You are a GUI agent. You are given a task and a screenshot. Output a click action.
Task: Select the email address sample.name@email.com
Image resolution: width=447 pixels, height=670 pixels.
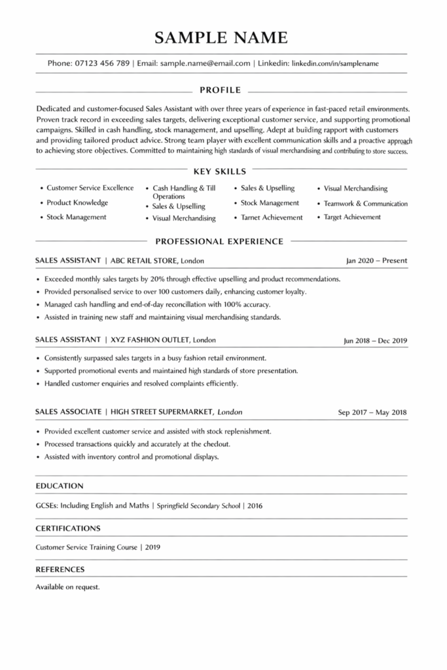coord(206,63)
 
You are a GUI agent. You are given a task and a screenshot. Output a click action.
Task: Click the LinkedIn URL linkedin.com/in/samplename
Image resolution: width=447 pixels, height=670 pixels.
coord(334,63)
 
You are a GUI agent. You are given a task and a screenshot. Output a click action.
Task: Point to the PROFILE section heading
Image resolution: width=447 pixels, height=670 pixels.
coord(220,90)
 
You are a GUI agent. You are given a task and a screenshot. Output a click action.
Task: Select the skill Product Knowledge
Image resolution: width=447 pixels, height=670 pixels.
coord(77,203)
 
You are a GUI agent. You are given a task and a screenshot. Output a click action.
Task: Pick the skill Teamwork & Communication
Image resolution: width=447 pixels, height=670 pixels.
coord(365,203)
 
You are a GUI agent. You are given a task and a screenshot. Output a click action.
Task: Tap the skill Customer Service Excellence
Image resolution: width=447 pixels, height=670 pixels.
coord(90,188)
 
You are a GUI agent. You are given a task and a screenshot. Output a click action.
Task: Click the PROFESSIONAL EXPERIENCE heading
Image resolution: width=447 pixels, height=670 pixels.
coord(219,241)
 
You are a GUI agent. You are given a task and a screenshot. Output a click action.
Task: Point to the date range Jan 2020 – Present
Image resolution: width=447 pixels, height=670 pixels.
coord(376,260)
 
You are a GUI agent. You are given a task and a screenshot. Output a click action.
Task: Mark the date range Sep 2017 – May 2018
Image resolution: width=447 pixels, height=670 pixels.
coord(372,412)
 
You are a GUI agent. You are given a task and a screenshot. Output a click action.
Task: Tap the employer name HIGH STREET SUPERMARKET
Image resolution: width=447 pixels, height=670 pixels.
coord(162,412)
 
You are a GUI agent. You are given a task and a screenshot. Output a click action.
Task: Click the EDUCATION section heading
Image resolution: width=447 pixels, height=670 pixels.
coord(60,486)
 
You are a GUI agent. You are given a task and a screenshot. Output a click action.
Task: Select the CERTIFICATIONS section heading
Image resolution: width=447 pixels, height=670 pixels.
coord(68,528)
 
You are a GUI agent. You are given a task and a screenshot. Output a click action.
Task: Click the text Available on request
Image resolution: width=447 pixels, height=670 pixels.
coord(67,587)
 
